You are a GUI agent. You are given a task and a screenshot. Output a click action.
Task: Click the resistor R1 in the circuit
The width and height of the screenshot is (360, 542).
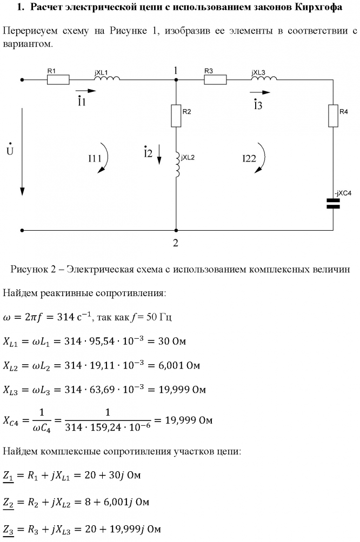[58, 80]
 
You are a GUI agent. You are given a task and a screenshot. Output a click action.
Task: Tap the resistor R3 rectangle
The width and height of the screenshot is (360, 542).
[215, 80]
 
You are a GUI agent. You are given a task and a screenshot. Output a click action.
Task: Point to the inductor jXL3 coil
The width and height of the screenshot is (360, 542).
[264, 79]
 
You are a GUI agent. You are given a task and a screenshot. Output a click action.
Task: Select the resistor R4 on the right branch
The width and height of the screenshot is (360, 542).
[333, 116]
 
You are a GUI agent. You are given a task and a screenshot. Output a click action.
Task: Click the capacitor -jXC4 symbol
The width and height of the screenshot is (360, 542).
[333, 203]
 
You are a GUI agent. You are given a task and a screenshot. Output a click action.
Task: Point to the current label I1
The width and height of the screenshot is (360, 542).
[81, 102]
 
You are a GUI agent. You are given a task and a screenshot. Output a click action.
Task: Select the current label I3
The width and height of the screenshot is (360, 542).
[258, 105]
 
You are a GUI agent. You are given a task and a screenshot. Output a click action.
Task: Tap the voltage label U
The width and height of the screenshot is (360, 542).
[10, 151]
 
